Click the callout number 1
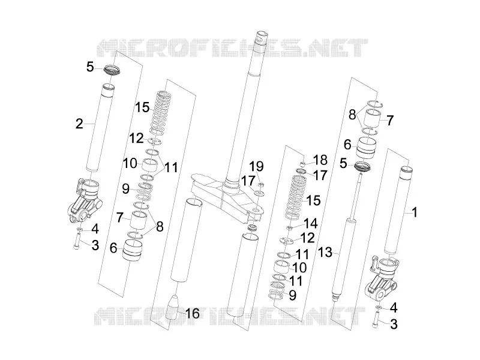coord(415,212)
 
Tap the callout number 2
coord(79,124)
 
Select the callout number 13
coord(325,253)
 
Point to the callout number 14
coord(310,223)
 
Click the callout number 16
coord(193,313)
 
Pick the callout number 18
coord(320,160)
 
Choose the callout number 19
coord(256,167)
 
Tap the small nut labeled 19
coord(261,184)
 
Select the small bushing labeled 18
coord(303,164)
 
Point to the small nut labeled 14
coord(289,227)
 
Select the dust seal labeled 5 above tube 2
coord(112,70)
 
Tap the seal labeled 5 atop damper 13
coord(362,167)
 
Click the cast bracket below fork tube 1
coord(381,279)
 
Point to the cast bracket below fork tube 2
coord(85,200)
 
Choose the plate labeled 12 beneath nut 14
coord(287,241)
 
